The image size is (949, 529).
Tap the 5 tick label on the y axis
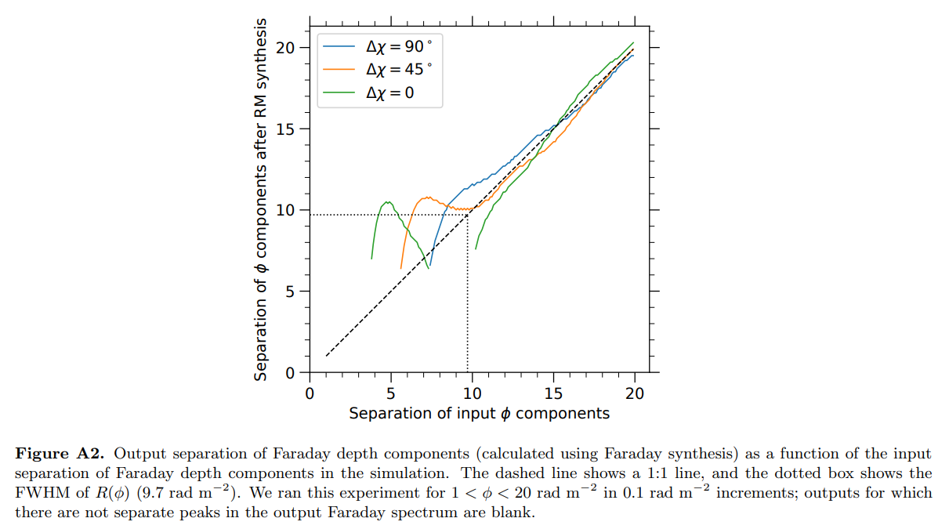pyautogui.click(x=291, y=292)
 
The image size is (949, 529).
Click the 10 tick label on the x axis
pyautogui.click(x=472, y=393)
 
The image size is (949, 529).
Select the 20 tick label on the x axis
pyautogui.click(x=635, y=393)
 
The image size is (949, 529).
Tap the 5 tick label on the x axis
pyautogui.click(x=390, y=393)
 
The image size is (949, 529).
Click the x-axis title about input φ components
pyautogui.click(x=479, y=413)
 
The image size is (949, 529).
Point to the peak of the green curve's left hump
pyautogui.click(x=387, y=202)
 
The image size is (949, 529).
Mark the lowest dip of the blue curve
pyautogui.click(x=429, y=267)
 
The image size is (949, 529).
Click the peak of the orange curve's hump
pyautogui.click(x=427, y=197)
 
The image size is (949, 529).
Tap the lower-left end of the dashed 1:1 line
pyautogui.click(x=326, y=357)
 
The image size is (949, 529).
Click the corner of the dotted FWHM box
pyautogui.click(x=467, y=215)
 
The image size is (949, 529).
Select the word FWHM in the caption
pyautogui.click(x=42, y=493)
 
